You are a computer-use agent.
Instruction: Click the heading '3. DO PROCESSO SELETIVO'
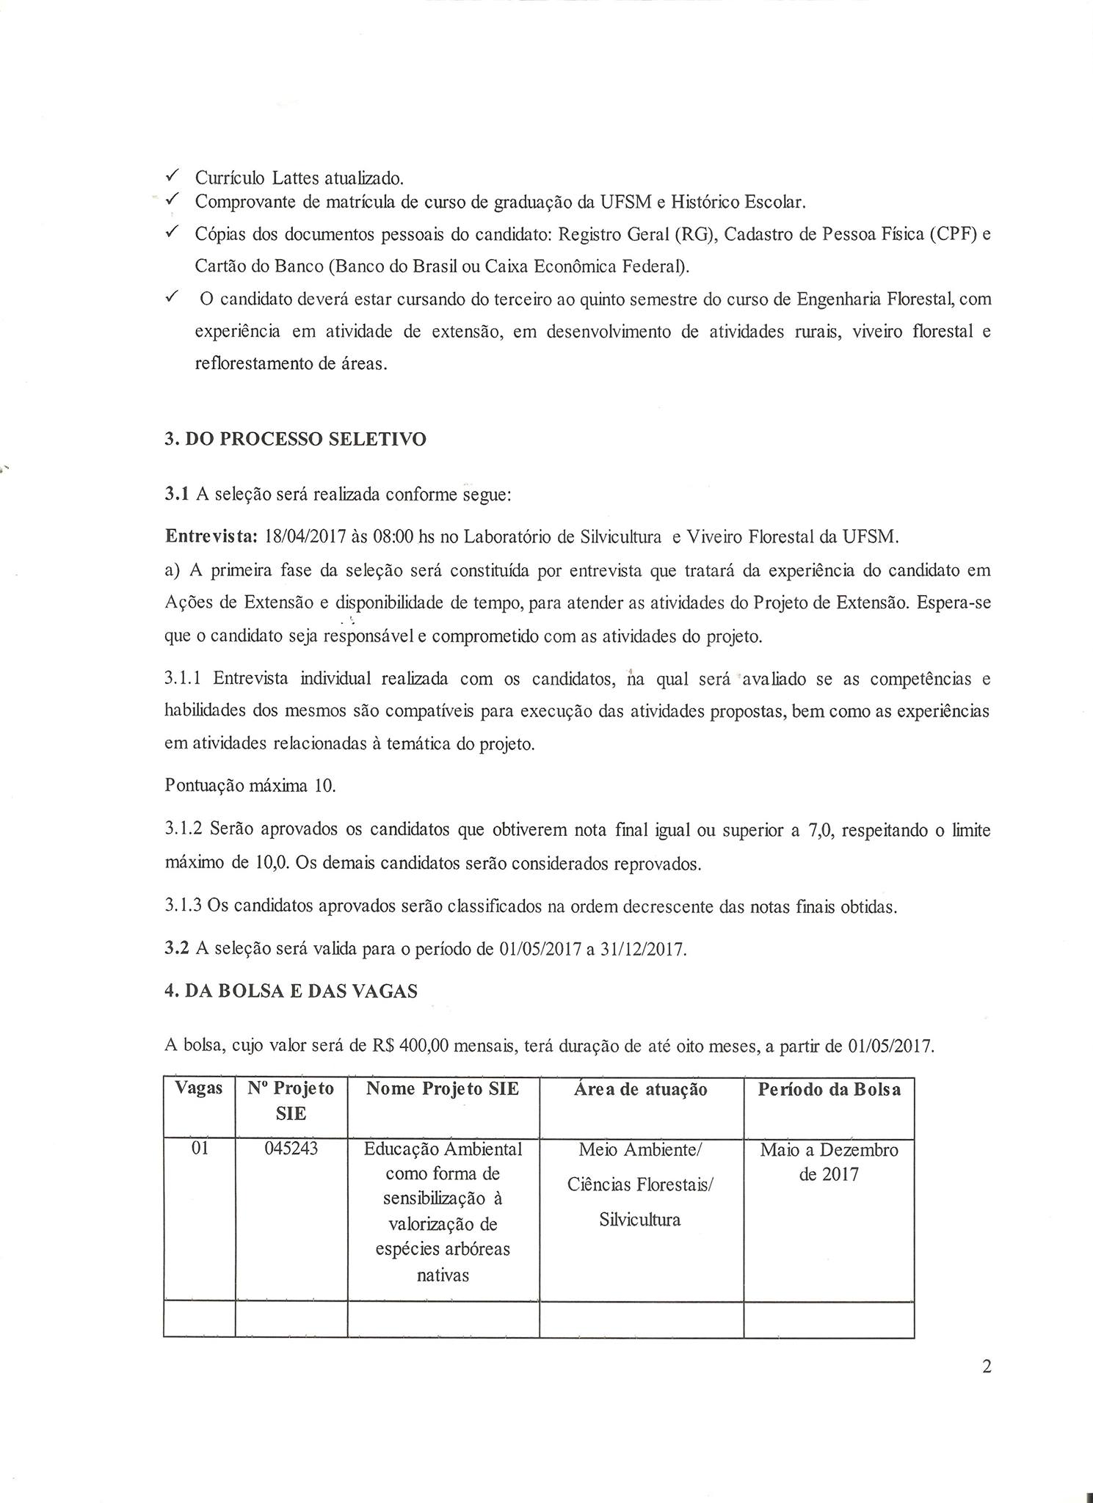[x=295, y=440]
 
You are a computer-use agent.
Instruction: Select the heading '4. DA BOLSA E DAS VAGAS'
[x=291, y=991]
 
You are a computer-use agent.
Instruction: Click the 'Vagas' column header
[x=199, y=1088]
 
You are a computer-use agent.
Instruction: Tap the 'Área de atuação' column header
[x=640, y=1090]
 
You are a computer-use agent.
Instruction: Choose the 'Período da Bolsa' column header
[x=829, y=1090]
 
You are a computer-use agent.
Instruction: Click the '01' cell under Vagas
[x=200, y=1149]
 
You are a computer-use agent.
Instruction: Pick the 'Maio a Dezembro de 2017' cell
[x=829, y=1162]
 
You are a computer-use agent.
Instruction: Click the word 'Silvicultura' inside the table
[x=639, y=1220]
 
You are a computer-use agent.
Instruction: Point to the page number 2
[x=986, y=1366]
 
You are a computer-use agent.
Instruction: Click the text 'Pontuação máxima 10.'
[x=250, y=786]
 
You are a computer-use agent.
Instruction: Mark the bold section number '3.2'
[x=177, y=949]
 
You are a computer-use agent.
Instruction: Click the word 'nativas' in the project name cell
[x=443, y=1275]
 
